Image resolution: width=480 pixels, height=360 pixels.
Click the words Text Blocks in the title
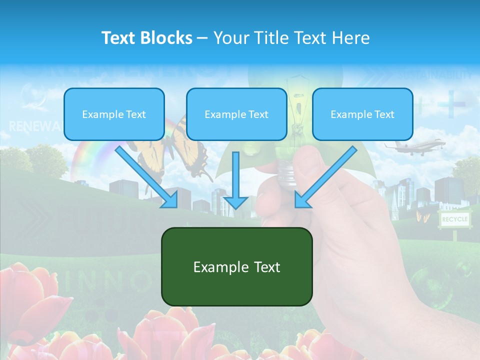[146, 38]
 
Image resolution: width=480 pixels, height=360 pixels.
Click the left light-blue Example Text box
[114, 114]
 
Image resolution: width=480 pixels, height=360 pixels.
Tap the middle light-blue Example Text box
[236, 114]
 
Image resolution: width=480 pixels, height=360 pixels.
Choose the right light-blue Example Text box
[362, 114]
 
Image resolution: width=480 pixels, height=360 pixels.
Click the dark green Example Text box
[236, 266]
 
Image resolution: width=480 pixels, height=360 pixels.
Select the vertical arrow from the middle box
[235, 180]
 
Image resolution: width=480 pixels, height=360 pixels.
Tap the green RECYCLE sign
[454, 219]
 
